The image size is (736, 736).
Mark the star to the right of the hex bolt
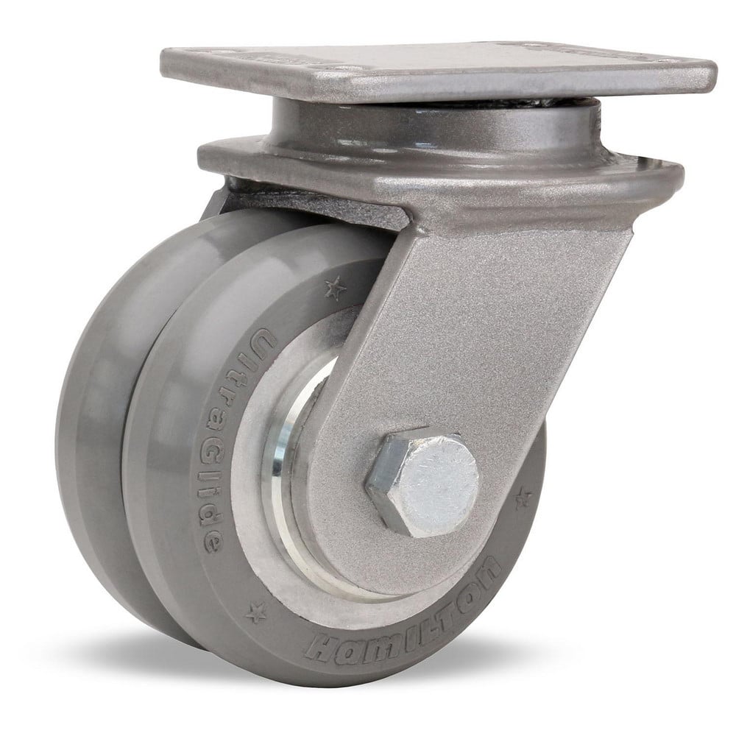coord(523,499)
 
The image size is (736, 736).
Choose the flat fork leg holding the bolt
coord(471,331)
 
